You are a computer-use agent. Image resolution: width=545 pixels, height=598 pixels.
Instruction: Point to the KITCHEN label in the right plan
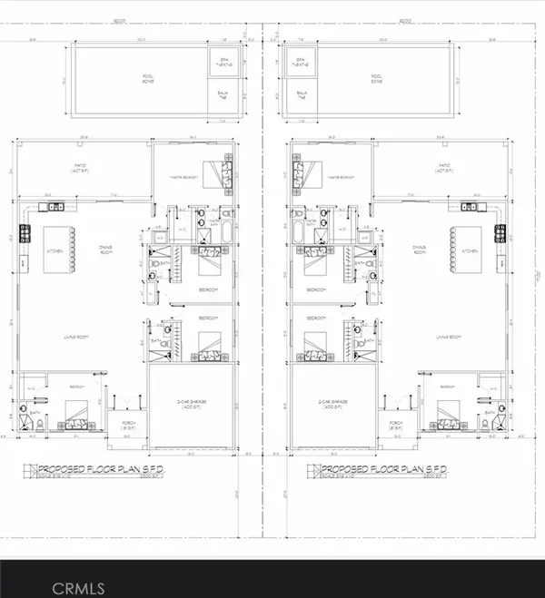pos(470,250)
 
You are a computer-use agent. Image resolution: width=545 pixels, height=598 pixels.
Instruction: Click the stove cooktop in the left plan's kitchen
pos(26,230)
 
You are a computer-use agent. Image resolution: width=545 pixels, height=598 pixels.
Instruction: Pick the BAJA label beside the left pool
pos(222,94)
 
